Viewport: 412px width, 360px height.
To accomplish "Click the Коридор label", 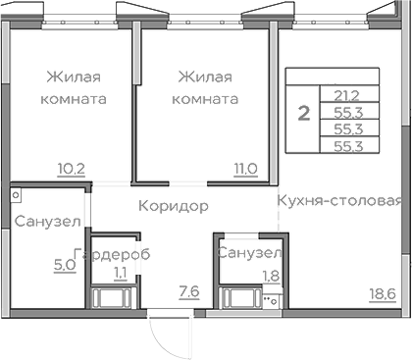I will point(174,207).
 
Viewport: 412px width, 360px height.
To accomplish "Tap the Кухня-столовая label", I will point(339,202).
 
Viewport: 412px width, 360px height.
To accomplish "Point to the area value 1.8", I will point(269,277).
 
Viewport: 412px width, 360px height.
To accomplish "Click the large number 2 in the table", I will point(304,113).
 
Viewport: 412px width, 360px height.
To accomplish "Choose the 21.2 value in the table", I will point(346,95).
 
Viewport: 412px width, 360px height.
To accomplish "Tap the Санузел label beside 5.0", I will point(47,222).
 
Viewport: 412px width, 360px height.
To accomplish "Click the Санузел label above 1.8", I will point(250,254).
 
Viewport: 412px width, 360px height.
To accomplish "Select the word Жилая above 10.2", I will point(74,77).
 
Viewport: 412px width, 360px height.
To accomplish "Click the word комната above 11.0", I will point(205,99).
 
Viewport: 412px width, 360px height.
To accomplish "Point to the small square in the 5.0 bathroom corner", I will point(17,186).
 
